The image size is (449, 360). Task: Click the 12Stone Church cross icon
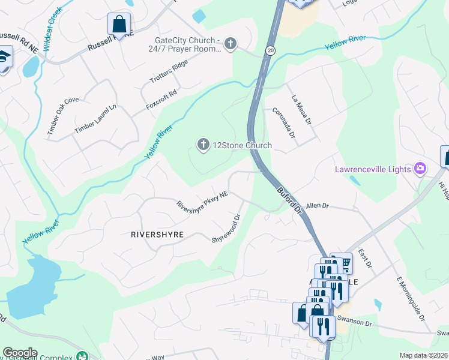pos(203,145)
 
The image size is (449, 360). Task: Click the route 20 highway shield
pos(271,52)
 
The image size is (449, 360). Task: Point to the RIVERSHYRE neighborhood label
pos(157,235)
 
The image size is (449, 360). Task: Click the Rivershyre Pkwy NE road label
pos(202,200)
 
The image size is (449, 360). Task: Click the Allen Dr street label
pos(318,206)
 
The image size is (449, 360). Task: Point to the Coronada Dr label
pos(284,122)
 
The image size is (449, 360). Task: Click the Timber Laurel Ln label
pos(95,120)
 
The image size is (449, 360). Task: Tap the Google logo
pos(19,353)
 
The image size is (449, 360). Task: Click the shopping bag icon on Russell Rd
pos(119,25)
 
